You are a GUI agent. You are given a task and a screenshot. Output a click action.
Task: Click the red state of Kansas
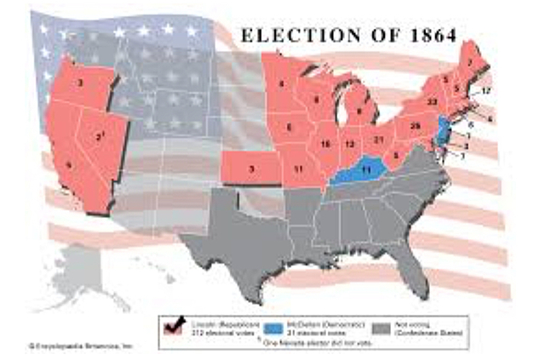tap(251, 169)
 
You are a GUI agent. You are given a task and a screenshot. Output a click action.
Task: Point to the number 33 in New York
tap(432, 101)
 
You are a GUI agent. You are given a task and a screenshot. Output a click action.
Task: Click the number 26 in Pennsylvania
tap(415, 127)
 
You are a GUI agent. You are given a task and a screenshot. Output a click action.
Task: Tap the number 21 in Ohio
tap(378, 139)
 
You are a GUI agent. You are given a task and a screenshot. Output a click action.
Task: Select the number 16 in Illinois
tap(324, 144)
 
